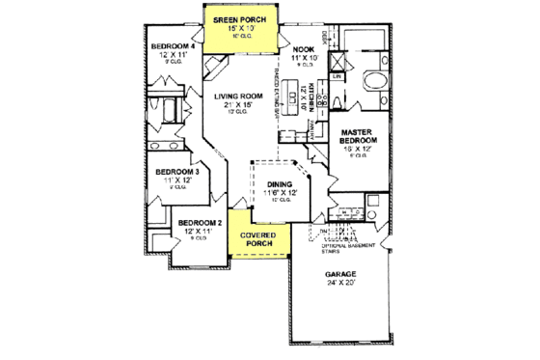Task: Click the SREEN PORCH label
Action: point(239,18)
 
